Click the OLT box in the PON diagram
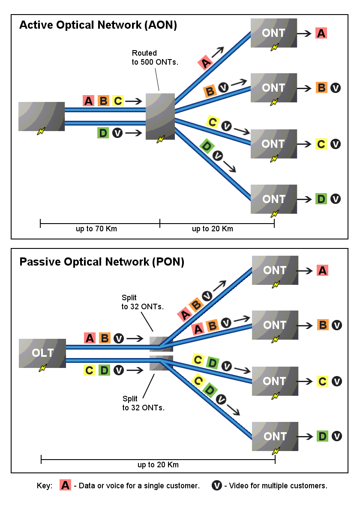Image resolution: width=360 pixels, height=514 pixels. coord(42,353)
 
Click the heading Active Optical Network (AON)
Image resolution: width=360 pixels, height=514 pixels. coord(98,25)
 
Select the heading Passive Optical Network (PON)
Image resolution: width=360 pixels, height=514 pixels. coord(102,262)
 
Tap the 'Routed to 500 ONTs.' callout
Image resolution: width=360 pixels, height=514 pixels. coord(154,57)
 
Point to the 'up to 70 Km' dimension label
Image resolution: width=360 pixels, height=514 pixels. coord(96,229)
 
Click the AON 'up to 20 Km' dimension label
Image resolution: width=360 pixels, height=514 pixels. coord(212,229)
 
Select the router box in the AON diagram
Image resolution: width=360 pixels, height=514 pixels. coord(160,116)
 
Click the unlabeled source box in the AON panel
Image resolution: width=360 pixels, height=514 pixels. coord(42,116)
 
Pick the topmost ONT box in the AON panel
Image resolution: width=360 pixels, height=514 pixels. coord(274,33)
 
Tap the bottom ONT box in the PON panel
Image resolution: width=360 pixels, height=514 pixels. coord(275,436)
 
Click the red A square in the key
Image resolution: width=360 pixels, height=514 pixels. coord(65,485)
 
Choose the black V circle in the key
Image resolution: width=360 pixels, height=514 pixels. coord(217,485)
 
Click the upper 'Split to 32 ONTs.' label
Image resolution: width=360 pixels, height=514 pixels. coord(143,302)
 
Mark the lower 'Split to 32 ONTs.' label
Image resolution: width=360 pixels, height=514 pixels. coord(144,403)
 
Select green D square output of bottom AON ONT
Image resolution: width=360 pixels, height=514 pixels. coord(321,199)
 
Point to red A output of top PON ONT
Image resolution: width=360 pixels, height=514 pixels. coord(322,270)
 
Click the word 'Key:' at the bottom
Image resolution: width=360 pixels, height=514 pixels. coord(45,486)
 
